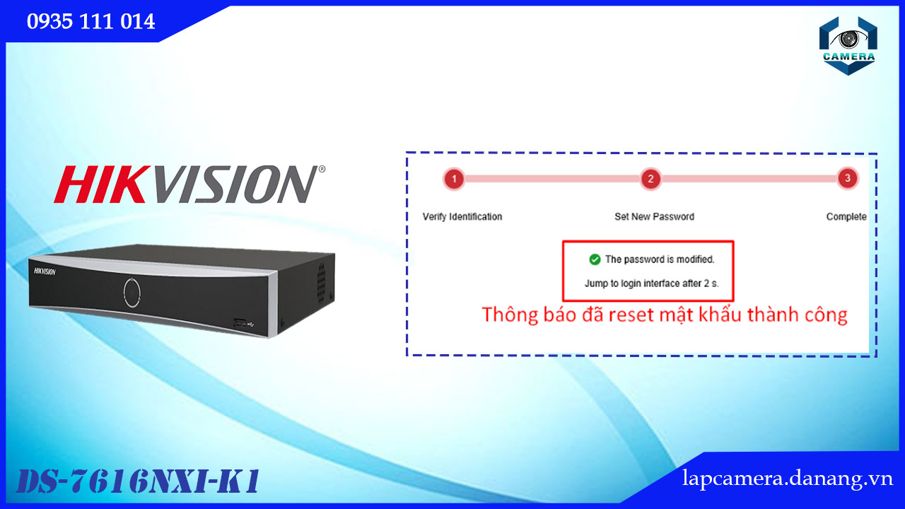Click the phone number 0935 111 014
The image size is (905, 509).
[91, 21]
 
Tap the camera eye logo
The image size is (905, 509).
[848, 46]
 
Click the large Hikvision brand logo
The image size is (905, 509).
[189, 185]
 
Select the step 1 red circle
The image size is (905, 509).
[454, 179]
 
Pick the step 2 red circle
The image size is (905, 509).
[651, 179]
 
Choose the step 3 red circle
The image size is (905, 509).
[848, 178]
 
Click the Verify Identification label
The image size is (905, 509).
[462, 217]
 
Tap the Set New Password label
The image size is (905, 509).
[654, 217]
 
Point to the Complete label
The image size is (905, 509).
[846, 217]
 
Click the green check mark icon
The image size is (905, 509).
[595, 259]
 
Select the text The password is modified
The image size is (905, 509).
[660, 259]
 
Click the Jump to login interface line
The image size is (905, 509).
[652, 283]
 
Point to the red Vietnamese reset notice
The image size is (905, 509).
[665, 315]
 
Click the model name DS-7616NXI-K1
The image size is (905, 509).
[138, 481]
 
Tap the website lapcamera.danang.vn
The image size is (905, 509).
[788, 479]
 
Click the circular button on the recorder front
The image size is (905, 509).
[132, 293]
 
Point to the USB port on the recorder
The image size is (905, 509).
[240, 322]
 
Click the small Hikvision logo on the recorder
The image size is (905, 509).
[45, 271]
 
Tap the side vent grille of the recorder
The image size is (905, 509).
[321, 283]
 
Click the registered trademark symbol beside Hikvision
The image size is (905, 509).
[322, 169]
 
